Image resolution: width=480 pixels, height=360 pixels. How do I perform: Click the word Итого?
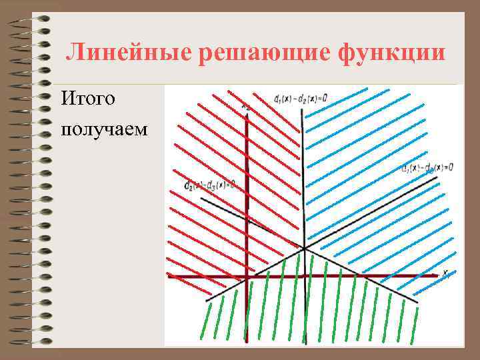point(88,100)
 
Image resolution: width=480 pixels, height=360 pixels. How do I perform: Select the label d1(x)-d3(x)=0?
point(427,167)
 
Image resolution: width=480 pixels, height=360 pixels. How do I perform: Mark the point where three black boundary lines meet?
point(304,248)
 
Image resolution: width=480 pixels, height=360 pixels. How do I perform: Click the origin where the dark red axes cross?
point(247,275)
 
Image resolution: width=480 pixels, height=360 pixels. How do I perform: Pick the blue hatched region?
point(373,173)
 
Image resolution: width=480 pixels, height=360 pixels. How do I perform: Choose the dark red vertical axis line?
point(247,200)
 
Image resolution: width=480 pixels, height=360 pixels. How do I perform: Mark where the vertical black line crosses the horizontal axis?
point(306,275)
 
